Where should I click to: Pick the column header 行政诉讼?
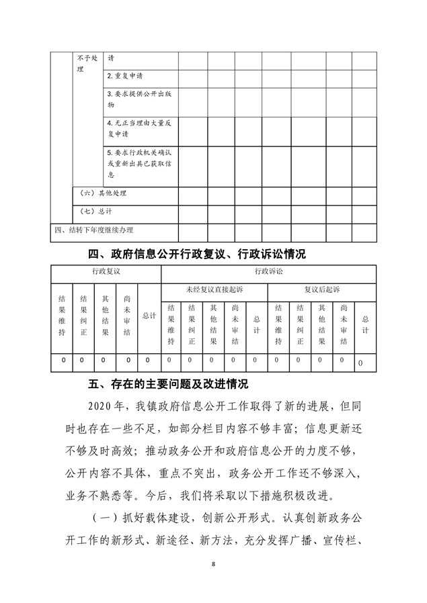(x=268, y=271)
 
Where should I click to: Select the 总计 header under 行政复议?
(x=149, y=315)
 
